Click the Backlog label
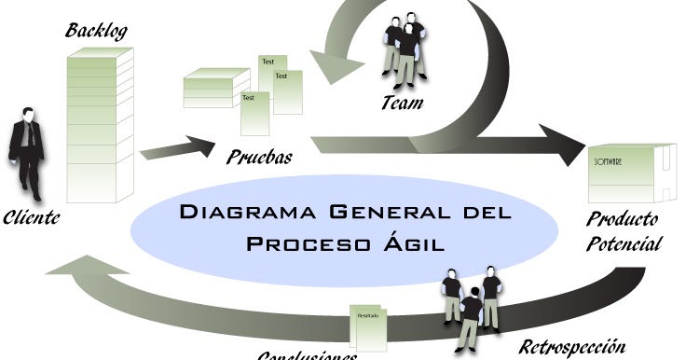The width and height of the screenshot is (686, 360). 96,31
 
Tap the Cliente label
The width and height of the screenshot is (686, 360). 32,218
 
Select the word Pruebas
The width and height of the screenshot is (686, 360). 258,157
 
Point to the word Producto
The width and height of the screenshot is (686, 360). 623,221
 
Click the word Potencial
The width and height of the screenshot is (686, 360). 624,244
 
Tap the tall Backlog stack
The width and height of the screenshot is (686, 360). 100,121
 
